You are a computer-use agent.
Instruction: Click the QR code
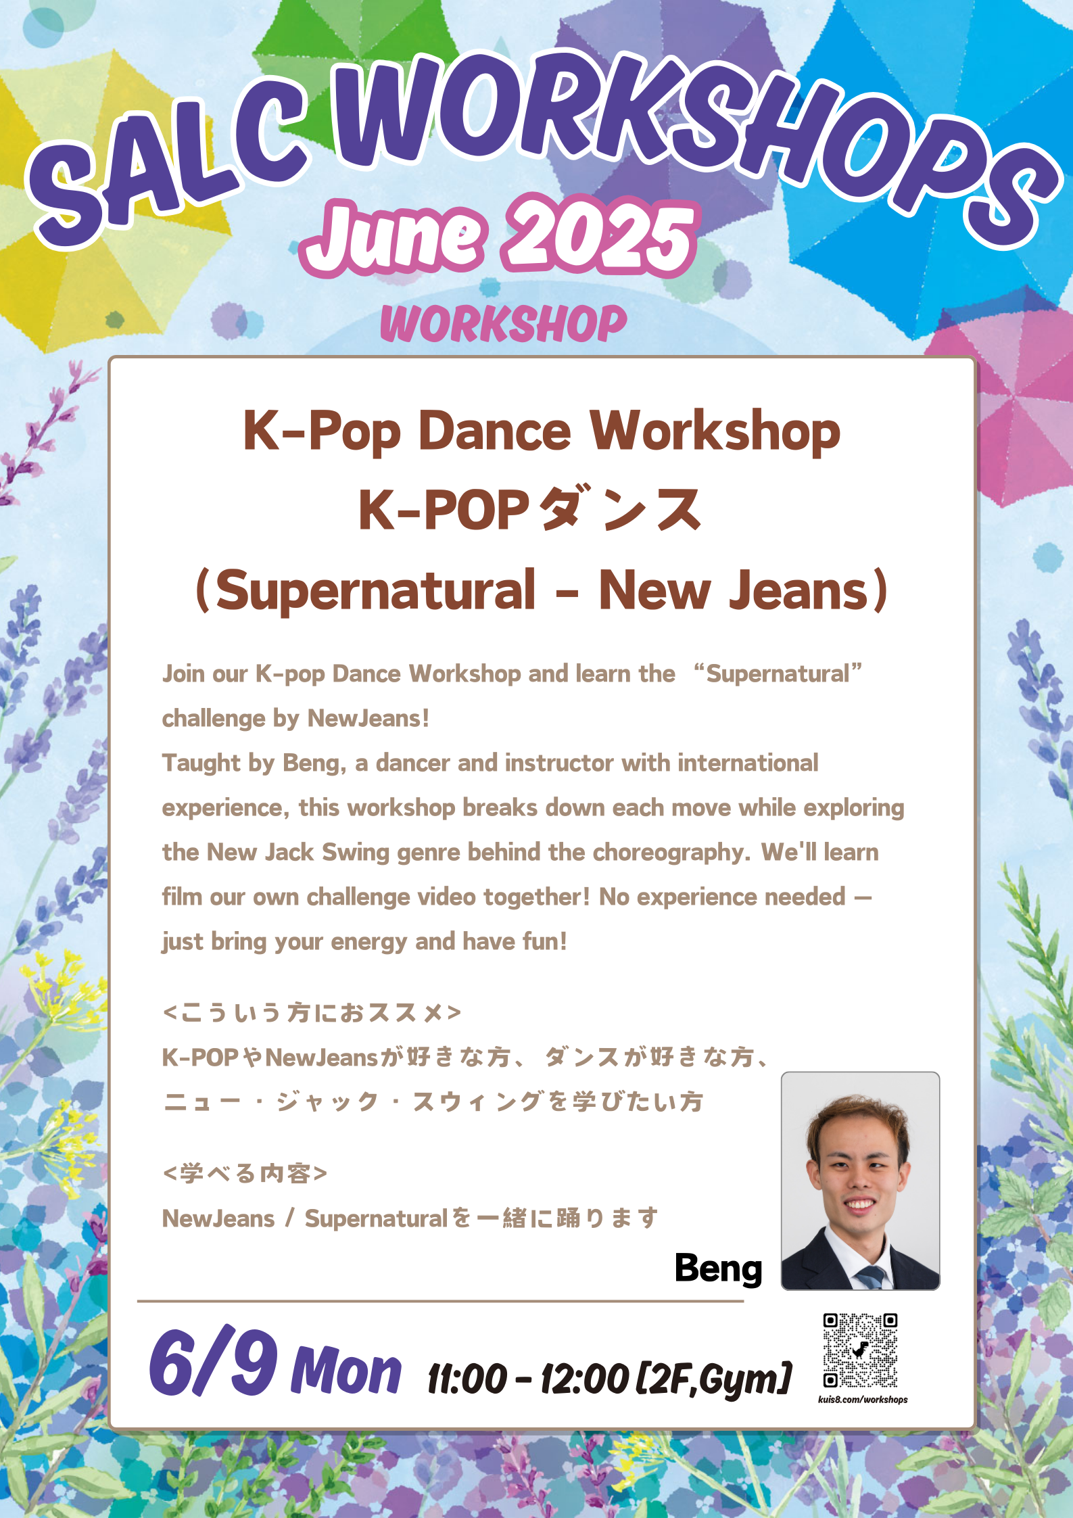pyautogui.click(x=860, y=1350)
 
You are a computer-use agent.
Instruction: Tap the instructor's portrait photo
pyautogui.click(x=860, y=1181)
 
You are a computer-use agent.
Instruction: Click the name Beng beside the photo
pyautogui.click(x=718, y=1268)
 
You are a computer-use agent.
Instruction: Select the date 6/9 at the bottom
pyautogui.click(x=213, y=1362)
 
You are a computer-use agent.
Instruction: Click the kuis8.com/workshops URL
pyautogui.click(x=863, y=1400)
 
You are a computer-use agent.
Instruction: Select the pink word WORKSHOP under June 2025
pyautogui.click(x=504, y=324)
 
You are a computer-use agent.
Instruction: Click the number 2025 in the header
pyautogui.click(x=600, y=237)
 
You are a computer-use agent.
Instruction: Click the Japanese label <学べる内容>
pyautogui.click(x=245, y=1173)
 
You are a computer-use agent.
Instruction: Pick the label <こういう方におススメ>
pyautogui.click(x=312, y=1012)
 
